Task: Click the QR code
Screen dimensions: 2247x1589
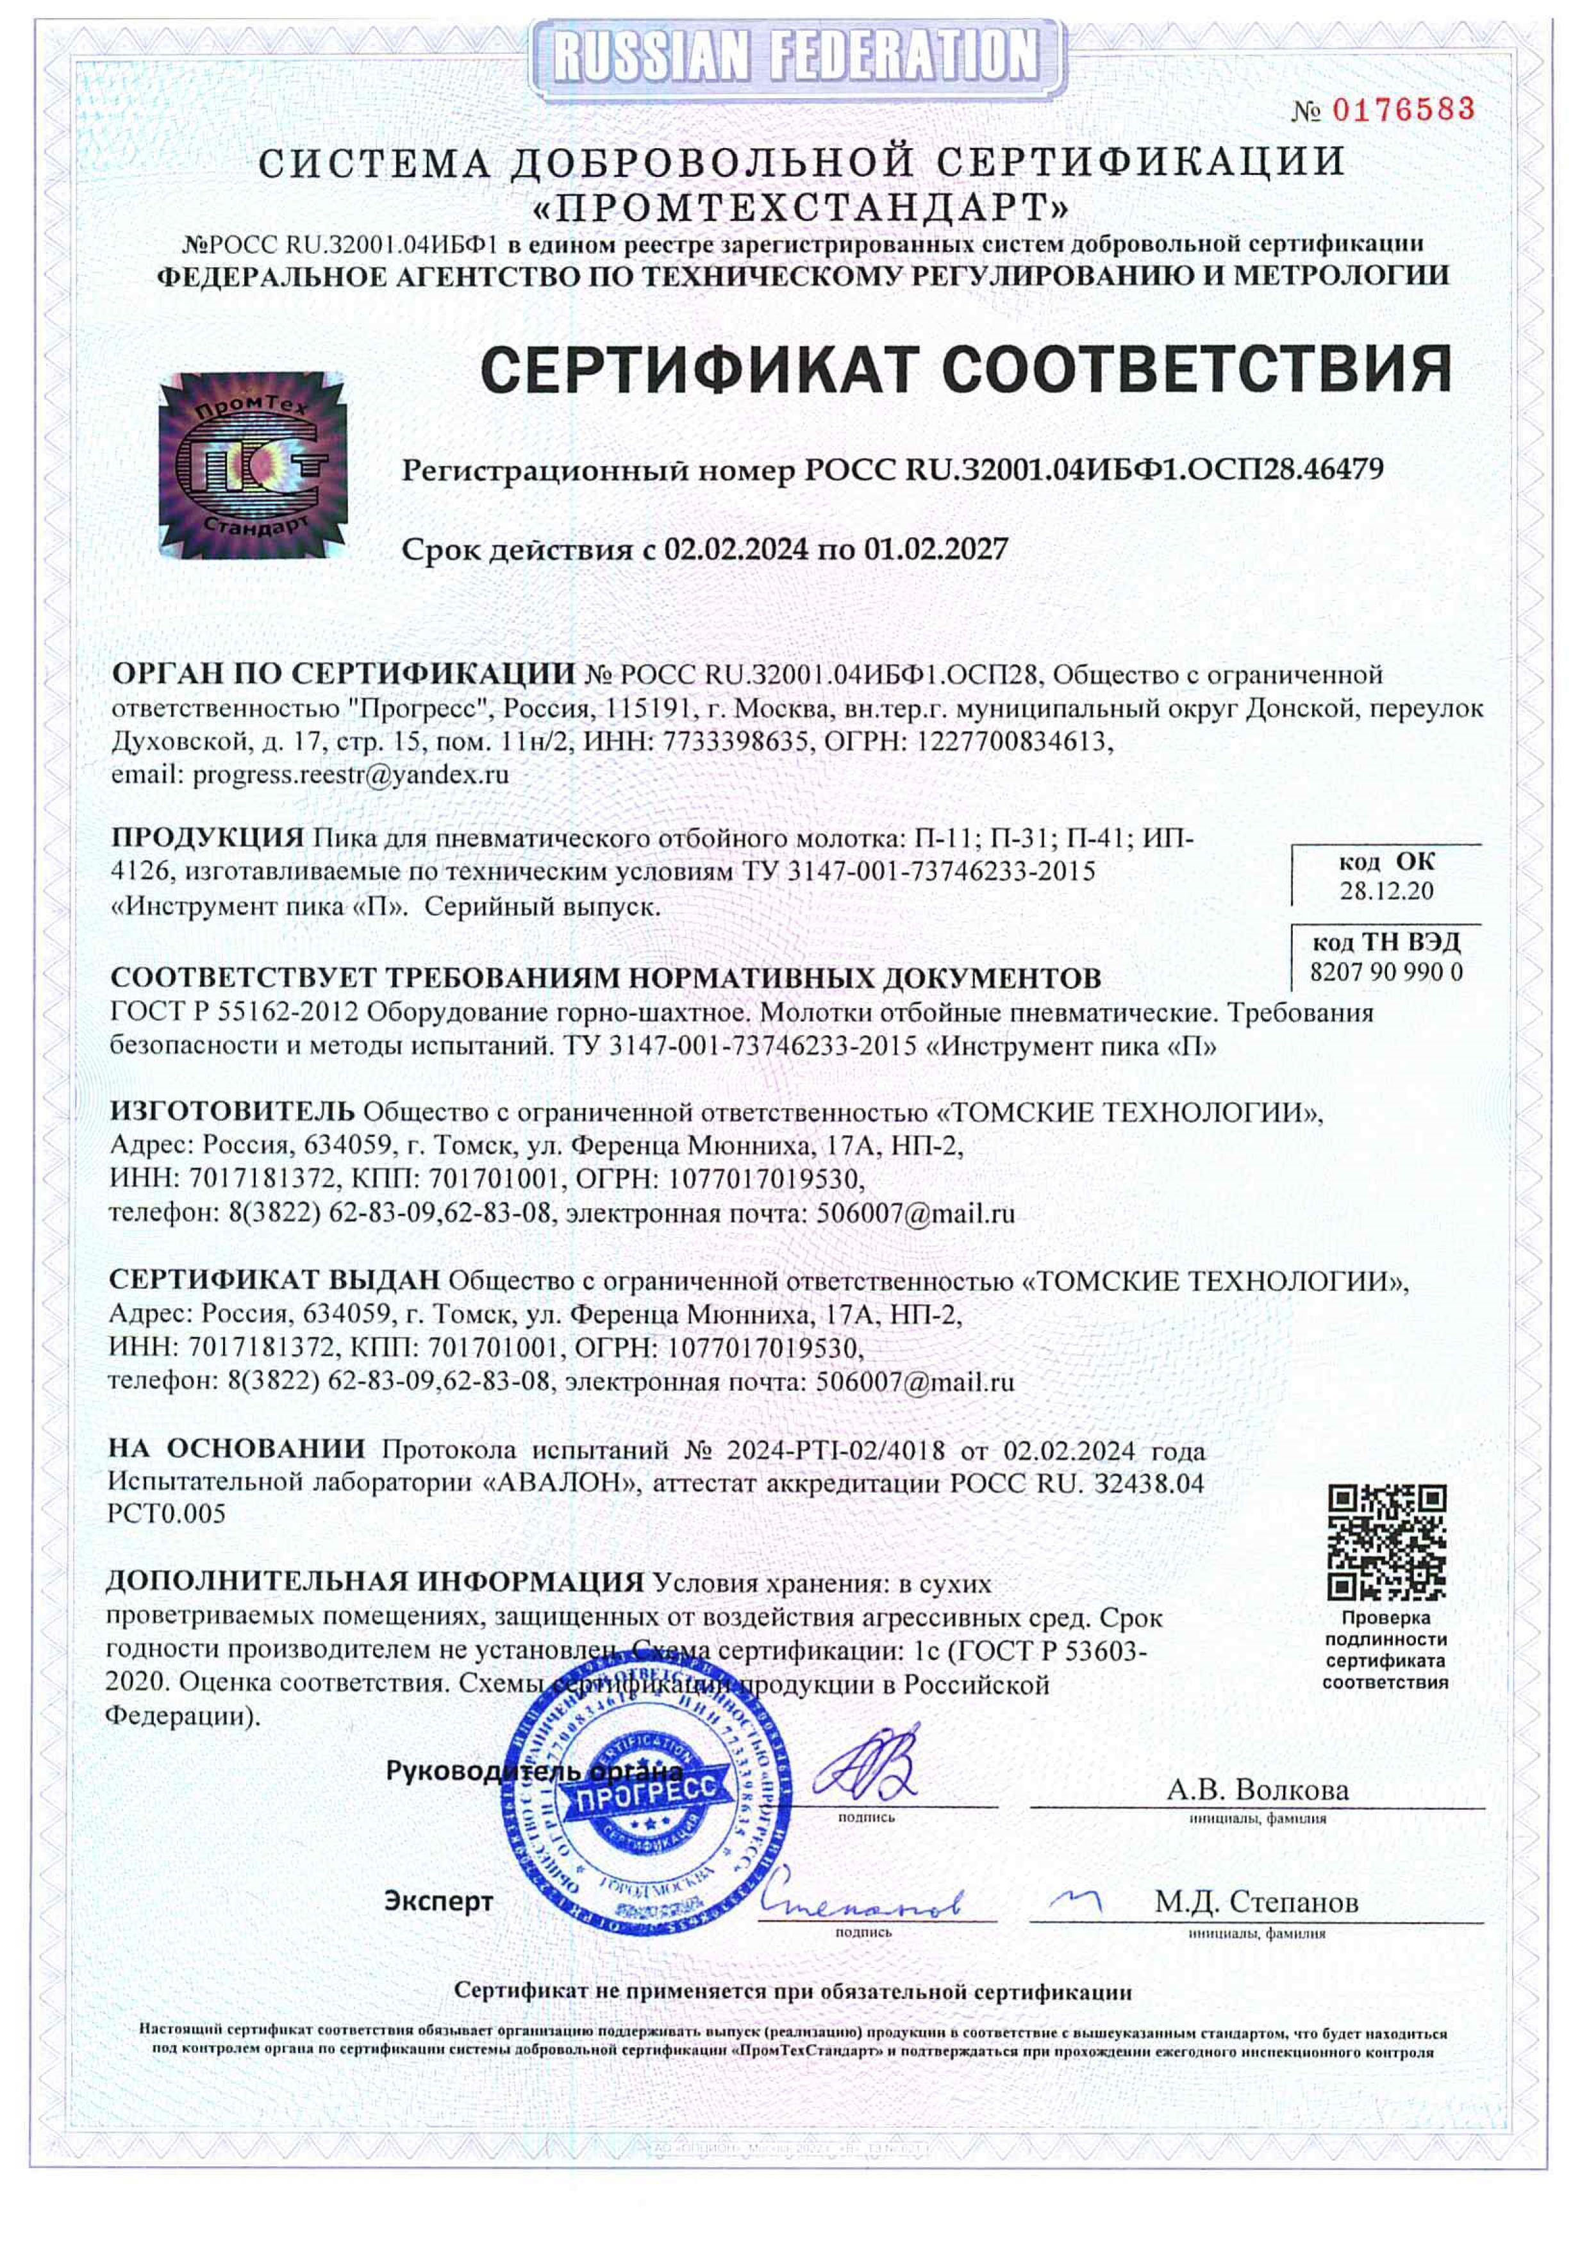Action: pos(1386,1541)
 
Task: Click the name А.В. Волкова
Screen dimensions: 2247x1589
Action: pos(1257,1790)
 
